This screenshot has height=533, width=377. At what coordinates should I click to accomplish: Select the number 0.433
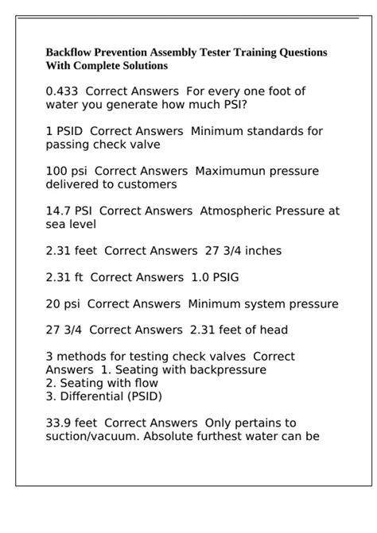(x=64, y=91)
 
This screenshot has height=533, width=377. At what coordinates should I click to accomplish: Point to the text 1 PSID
(x=64, y=131)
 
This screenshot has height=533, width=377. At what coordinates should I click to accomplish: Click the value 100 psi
(x=68, y=171)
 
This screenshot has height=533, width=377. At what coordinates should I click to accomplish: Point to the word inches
(x=256, y=250)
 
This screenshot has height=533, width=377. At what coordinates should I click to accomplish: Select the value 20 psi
(x=64, y=303)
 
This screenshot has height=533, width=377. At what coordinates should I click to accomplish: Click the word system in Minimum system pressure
(x=263, y=303)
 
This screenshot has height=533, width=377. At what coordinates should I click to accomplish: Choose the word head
(x=273, y=330)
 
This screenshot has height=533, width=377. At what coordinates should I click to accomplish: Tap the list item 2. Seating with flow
(x=102, y=383)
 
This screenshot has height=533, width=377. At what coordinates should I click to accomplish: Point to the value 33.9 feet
(x=72, y=423)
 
